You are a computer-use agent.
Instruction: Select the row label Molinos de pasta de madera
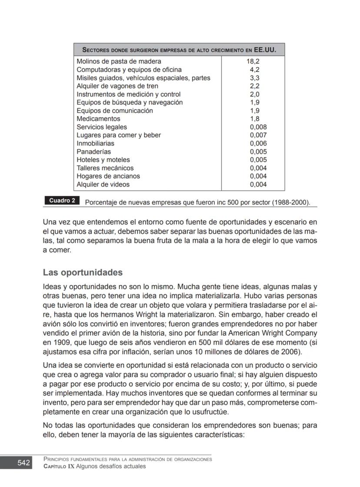tap(119, 61)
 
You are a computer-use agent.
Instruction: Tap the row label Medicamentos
tap(98, 119)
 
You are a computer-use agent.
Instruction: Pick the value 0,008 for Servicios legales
tap(258, 127)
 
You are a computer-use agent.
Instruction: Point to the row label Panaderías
tap(93, 152)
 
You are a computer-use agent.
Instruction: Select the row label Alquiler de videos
tap(103, 185)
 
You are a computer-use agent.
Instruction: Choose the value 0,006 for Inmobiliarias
tap(258, 144)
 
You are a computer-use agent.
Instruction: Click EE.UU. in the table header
tap(265, 50)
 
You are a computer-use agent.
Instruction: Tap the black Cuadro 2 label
tap(62, 201)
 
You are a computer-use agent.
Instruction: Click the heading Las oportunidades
tap(83, 273)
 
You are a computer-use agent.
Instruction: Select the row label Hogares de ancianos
tap(108, 176)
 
